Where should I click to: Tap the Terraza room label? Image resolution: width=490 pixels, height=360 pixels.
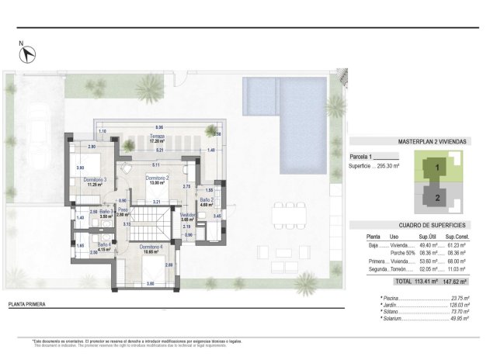[158, 139]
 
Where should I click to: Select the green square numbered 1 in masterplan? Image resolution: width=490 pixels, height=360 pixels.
[437, 167]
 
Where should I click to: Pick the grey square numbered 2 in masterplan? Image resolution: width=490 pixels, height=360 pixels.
[437, 197]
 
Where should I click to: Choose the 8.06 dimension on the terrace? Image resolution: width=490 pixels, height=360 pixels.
[159, 126]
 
